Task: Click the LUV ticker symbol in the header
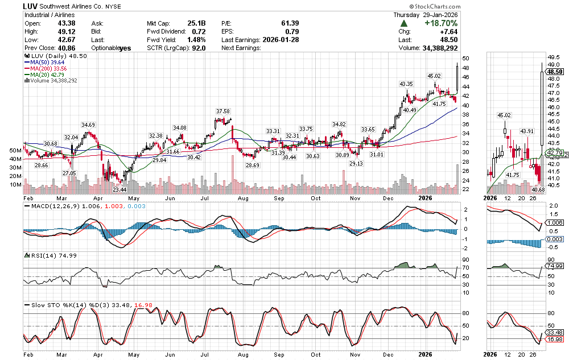tap(30, 5)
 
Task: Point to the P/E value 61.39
tap(290, 23)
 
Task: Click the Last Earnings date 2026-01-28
tap(280, 40)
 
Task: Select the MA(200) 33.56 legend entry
tap(51, 69)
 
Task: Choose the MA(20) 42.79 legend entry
tap(50, 75)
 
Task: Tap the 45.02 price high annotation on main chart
tap(434, 76)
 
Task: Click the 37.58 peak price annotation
tap(222, 111)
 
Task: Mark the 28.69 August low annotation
tap(252, 165)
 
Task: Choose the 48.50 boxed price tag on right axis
tap(554, 72)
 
